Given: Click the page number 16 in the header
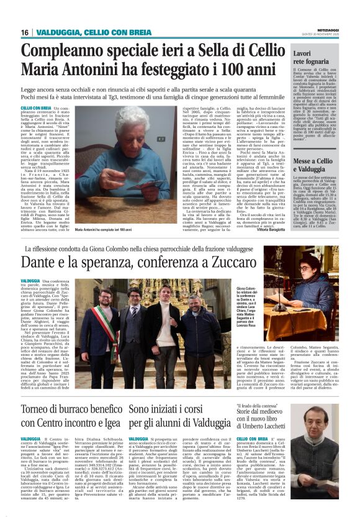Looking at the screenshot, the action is [24, 32].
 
